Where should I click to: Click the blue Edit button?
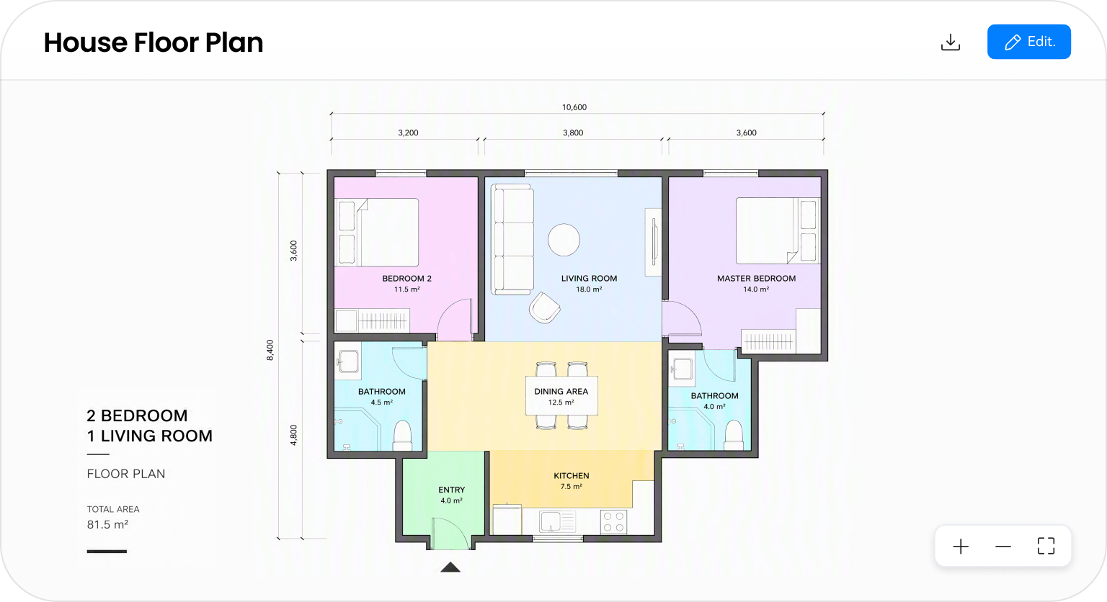tap(1029, 42)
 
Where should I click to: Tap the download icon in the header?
tap(951, 42)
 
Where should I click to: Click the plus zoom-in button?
tap(961, 547)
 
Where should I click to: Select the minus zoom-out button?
tap(1003, 547)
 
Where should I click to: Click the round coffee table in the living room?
tap(564, 240)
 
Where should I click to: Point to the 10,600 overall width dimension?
tap(574, 107)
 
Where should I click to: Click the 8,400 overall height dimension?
tap(270, 350)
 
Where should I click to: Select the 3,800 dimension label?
tap(573, 132)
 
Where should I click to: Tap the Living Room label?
tap(589, 279)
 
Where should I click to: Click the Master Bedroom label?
tap(756, 279)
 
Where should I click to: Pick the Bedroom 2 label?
tap(406, 279)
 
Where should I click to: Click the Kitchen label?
tap(572, 475)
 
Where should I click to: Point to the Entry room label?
tap(452, 490)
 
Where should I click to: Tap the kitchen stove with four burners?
tap(614, 522)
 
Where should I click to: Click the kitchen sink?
tap(557, 521)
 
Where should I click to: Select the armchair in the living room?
tap(545, 308)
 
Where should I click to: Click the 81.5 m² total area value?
tap(107, 524)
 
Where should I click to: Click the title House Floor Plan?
tap(154, 42)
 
